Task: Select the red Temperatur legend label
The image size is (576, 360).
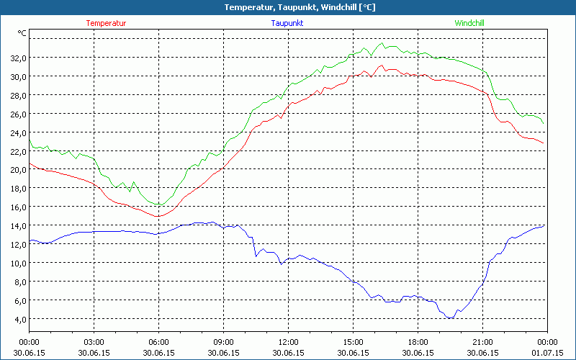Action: pyautogui.click(x=106, y=23)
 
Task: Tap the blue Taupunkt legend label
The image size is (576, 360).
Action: pyautogui.click(x=287, y=23)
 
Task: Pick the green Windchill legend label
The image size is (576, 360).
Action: pyautogui.click(x=469, y=23)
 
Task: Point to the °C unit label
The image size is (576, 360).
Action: pyautogui.click(x=22, y=33)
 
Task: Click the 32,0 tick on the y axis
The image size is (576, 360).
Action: pyautogui.click(x=18, y=58)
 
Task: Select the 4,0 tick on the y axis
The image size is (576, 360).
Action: pyautogui.click(x=19, y=319)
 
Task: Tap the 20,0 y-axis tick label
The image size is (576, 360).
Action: pyautogui.click(x=18, y=170)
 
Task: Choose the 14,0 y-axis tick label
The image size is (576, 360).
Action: pyautogui.click(x=18, y=225)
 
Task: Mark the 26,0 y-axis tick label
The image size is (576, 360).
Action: pyautogui.click(x=18, y=114)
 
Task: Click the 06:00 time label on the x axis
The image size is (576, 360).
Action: pyautogui.click(x=158, y=342)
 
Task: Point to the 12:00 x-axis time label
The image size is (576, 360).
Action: pyautogui.click(x=288, y=342)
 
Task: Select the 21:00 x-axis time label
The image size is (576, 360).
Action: pyautogui.click(x=482, y=342)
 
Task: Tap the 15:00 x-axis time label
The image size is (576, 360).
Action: pyautogui.click(x=353, y=342)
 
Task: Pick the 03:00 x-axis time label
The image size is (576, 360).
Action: pyautogui.click(x=94, y=342)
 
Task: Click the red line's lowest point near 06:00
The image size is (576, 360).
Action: pyautogui.click(x=158, y=216)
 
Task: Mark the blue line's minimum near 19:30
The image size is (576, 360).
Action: pyautogui.click(x=449, y=318)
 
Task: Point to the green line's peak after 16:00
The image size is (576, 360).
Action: pyautogui.click(x=382, y=43)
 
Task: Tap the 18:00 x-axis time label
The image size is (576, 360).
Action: pyautogui.click(x=418, y=342)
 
